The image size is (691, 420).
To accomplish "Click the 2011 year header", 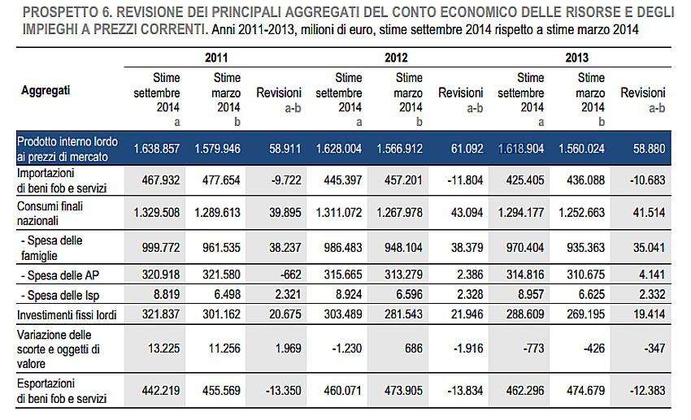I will (216, 58).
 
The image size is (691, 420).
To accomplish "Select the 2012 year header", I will (396, 58).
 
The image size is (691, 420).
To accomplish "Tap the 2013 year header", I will (577, 58).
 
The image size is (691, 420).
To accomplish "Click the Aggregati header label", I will (46, 90).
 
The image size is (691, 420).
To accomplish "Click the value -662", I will (288, 274).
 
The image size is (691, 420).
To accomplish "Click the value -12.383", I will (647, 390).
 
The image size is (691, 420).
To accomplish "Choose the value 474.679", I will (586, 390).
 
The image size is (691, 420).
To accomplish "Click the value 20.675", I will (284, 314).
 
